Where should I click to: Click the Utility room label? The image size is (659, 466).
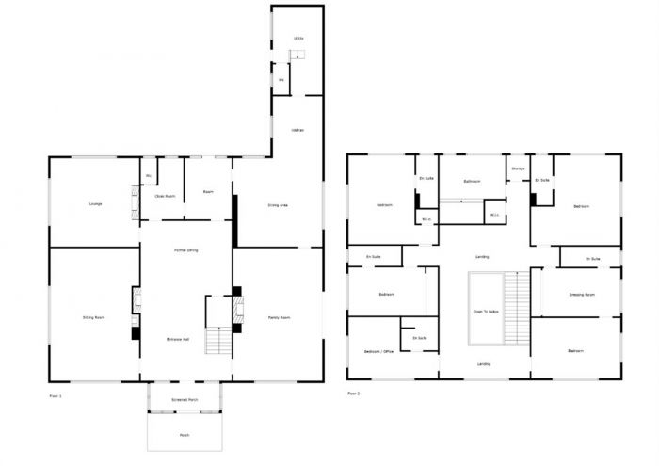[297, 39]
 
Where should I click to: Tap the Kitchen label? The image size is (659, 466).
[297, 130]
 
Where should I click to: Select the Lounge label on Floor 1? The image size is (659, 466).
[95, 203]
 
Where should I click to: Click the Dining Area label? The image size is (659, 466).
[278, 204]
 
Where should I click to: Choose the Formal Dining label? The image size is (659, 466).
[185, 250]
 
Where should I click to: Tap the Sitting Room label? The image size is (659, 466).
[93, 317]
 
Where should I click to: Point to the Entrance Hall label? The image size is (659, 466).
[179, 339]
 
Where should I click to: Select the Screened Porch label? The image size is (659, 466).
[185, 400]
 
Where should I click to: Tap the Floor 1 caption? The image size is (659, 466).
[55, 397]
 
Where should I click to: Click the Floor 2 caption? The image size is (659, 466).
[353, 393]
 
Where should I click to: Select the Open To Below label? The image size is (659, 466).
[485, 311]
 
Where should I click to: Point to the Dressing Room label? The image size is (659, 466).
[582, 295]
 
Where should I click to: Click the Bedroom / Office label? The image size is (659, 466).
[378, 351]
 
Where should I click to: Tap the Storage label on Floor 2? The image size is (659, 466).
[518, 169]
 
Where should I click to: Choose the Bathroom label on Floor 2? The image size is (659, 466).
[472, 181]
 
